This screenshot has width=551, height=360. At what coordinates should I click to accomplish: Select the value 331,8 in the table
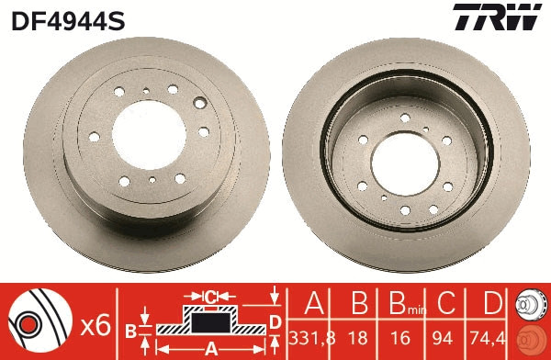[312, 337]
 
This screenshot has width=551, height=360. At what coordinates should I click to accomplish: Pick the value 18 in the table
[361, 337]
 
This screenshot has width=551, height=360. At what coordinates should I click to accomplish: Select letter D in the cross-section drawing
[274, 321]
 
